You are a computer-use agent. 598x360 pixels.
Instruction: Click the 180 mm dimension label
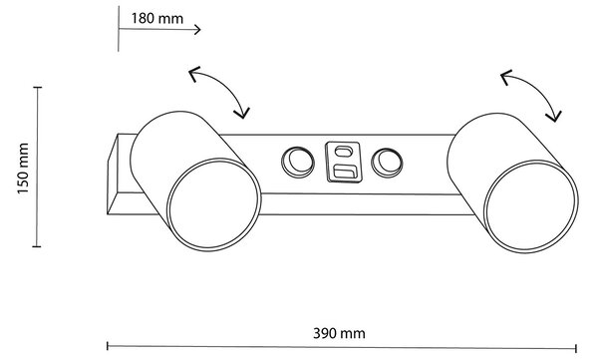click(157, 18)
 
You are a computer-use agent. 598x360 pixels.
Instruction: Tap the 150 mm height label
click(23, 169)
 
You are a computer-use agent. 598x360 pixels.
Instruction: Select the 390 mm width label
click(339, 333)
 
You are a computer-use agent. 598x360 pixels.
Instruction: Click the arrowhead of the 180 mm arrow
click(197, 29)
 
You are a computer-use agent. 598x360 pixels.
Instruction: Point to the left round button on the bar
click(298, 162)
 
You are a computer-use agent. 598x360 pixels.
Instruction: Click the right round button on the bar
click(387, 163)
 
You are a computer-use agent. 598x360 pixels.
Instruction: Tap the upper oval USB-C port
click(343, 152)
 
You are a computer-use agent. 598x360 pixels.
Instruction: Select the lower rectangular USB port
click(345, 172)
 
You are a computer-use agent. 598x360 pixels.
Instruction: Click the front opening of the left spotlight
click(214, 204)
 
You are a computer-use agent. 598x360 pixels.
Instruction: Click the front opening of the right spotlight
click(531, 206)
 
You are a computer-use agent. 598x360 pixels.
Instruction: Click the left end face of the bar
click(113, 174)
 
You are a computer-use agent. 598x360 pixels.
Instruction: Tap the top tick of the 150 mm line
click(38, 88)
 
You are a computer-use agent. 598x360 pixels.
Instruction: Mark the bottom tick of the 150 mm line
click(37, 246)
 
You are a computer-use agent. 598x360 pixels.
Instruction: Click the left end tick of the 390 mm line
click(108, 346)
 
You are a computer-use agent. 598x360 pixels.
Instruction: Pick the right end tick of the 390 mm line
click(576, 348)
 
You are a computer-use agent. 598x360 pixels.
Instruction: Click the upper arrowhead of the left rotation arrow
click(193, 73)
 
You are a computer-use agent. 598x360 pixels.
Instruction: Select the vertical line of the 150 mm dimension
click(37, 168)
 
